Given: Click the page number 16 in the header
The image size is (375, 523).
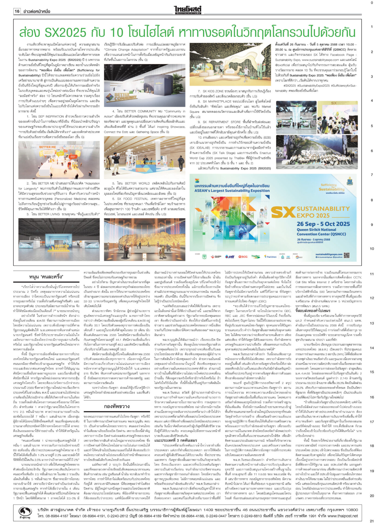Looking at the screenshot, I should [17, 11].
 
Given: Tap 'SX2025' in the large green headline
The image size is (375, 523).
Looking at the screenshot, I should [66, 32].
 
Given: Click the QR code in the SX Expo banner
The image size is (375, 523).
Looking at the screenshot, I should [346, 255].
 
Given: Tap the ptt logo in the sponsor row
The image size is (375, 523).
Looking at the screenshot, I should [230, 257].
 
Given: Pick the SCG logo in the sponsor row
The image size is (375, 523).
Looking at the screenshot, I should [243, 257].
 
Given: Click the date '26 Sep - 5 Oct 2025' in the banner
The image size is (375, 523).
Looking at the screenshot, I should [323, 224].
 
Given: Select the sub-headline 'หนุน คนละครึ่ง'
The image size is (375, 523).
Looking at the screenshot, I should [46, 277].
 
